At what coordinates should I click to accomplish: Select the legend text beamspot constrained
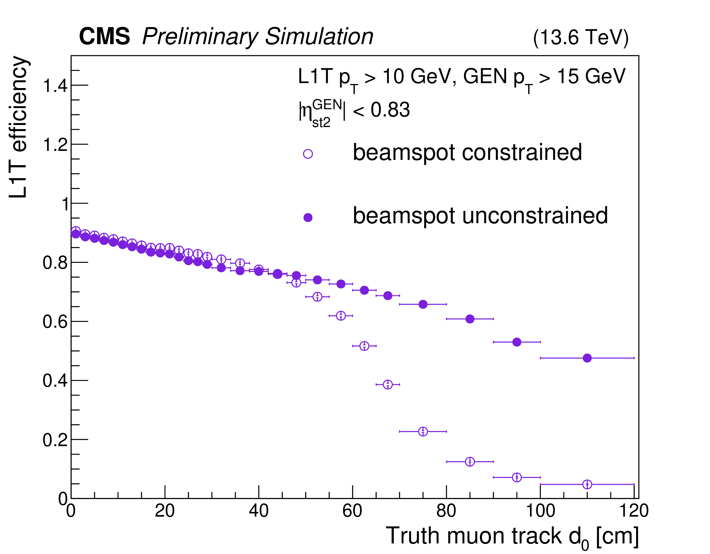(x=467, y=152)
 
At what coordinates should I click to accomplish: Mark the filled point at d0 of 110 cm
(x=587, y=358)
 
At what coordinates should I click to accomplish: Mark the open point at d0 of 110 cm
(x=587, y=484)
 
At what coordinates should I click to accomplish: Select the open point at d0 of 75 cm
(x=423, y=431)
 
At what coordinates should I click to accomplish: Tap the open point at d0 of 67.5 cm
(x=388, y=384)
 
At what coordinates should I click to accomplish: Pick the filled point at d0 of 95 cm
(x=517, y=342)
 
